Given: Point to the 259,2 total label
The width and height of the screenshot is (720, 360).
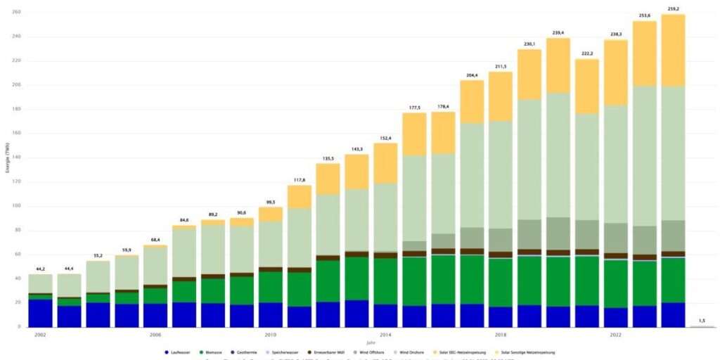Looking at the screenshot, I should point(673,9).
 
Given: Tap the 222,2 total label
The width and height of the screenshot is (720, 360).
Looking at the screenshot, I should point(587,54).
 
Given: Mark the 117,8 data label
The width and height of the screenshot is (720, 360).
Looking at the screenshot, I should point(300,180).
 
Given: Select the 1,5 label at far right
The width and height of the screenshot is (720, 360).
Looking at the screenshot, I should point(702,321).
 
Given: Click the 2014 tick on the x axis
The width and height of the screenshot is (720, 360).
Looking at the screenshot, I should point(385,335).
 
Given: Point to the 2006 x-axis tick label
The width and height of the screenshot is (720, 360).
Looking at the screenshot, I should point(155,335).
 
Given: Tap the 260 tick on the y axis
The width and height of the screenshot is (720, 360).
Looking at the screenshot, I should point(16,13).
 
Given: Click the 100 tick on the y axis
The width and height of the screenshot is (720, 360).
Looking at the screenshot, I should point(16,206).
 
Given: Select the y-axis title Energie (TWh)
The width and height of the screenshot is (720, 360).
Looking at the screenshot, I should point(6,159).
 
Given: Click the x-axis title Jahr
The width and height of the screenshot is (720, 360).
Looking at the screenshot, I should point(371,343).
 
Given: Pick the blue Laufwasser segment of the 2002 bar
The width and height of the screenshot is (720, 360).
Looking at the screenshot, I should point(40,313).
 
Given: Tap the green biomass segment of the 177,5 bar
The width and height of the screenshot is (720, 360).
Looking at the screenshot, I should point(414,281).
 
